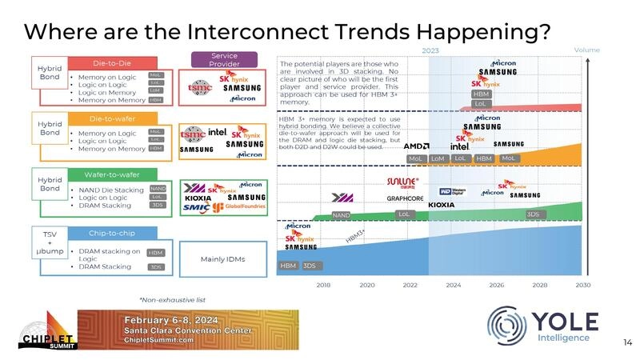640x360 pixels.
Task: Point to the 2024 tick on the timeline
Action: coord(454,284)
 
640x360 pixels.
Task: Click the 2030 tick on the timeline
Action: coord(583,284)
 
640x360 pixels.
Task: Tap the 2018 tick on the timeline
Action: coord(324,284)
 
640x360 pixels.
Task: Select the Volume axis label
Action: coord(586,50)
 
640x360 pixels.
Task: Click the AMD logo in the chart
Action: coord(416,146)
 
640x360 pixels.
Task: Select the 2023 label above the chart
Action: coord(430,50)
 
